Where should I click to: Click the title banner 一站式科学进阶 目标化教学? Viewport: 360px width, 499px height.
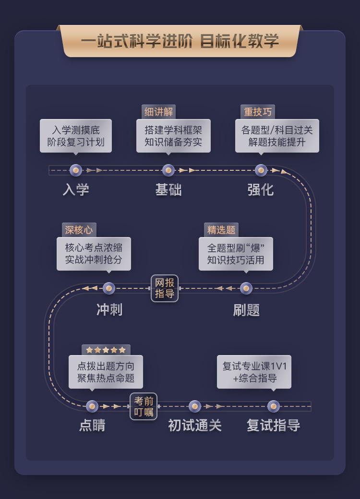(180, 41)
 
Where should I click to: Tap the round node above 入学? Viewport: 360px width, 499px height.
(76, 170)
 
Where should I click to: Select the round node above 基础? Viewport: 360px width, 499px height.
(168, 170)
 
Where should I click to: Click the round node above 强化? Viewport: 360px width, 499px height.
(261, 170)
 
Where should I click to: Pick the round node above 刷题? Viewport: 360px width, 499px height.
(246, 288)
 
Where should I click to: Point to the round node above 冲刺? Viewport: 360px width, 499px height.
(109, 288)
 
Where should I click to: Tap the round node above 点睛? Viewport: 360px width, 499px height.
(92, 406)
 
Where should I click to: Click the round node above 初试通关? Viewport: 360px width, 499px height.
(195, 406)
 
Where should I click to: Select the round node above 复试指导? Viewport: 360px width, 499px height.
(274, 406)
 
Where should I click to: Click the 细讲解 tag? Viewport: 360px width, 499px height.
(158, 112)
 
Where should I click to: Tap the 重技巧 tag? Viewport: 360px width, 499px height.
(258, 112)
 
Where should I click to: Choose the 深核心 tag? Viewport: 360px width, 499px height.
(79, 230)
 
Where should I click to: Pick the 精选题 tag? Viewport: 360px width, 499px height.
(221, 230)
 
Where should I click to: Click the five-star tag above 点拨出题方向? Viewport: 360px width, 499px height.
(106, 350)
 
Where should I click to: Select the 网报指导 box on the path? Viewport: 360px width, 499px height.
(165, 288)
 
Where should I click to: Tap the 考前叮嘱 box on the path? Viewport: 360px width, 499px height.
(144, 406)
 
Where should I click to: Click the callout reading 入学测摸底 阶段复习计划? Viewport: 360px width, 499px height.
(76, 136)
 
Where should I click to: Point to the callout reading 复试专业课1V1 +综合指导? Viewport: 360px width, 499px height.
(254, 372)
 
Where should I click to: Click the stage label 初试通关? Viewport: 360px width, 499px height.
(195, 426)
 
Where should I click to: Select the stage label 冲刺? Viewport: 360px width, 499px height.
(109, 310)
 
